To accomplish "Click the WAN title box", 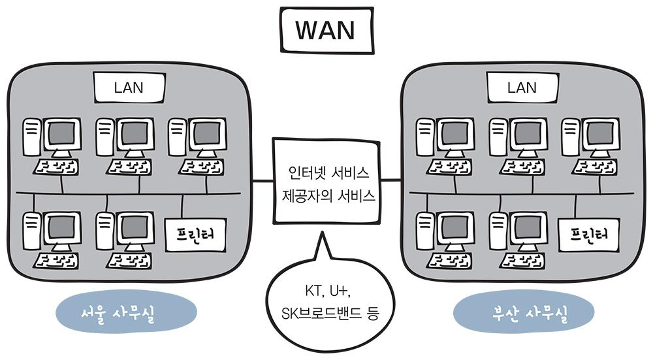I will point(325,31).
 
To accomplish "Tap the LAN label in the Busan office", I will point(522,88).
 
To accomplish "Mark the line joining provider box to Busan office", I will point(390,180).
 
